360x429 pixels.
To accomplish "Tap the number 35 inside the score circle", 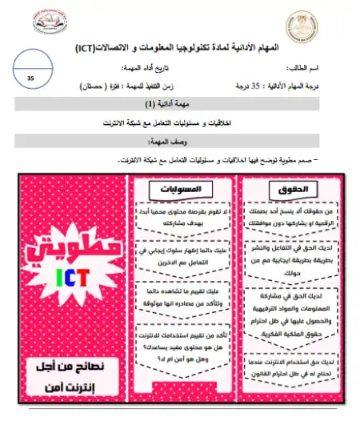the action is click(x=31, y=78).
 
